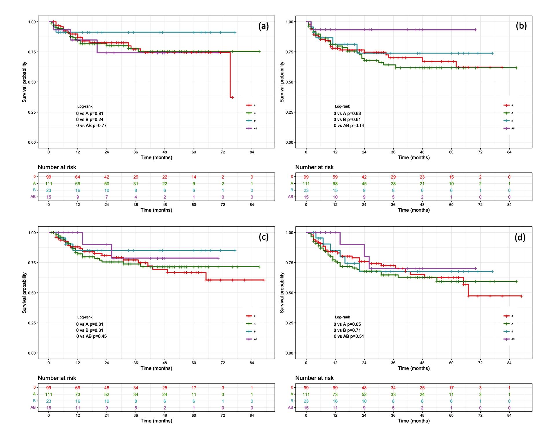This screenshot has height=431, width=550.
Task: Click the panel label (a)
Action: coord(263,26)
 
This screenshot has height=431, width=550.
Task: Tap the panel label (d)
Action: coord(520,237)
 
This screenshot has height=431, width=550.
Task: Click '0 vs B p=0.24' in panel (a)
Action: coord(90,119)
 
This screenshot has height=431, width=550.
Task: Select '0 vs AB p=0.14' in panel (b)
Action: coord(349,126)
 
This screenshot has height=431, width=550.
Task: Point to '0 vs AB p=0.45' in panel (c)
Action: coord(92,336)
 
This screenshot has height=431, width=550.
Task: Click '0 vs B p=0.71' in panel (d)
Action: coord(347,330)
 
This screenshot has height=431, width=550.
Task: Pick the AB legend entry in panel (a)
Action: coord(251,128)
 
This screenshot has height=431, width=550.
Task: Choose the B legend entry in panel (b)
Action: coord(509,121)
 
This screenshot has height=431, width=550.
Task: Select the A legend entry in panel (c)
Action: coord(251,324)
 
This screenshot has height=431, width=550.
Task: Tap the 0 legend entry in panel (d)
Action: coord(509,316)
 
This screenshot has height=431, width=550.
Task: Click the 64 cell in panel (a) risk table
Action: coord(78,177)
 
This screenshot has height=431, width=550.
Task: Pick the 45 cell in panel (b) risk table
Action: coord(364,184)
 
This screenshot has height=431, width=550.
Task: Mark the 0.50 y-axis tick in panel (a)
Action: coord(32,82)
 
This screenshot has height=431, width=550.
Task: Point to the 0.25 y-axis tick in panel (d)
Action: coord(289,323)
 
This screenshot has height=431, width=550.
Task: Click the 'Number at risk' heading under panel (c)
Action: coord(57,378)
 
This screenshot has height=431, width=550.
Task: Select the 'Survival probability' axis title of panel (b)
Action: coord(282,82)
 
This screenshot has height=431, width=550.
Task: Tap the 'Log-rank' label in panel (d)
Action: coord(342,317)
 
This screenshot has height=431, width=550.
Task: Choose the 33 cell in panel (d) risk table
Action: coord(393,394)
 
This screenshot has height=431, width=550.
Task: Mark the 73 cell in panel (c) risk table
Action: coord(78,394)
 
